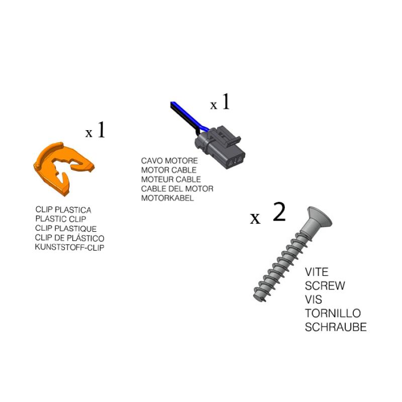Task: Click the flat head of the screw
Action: pyautogui.click(x=320, y=217)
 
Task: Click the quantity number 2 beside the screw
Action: pyautogui.click(x=279, y=211)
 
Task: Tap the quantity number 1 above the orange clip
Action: pyautogui.click(x=102, y=130)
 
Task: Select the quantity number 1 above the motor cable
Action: pyautogui.click(x=226, y=102)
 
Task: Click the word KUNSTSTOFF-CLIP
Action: pyautogui.click(x=69, y=247)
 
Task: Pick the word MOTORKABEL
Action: pyautogui.click(x=167, y=198)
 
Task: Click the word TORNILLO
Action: pyautogui.click(x=333, y=313)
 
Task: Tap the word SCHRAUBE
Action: pyautogui.click(x=336, y=327)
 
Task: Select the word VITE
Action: pyautogui.click(x=317, y=272)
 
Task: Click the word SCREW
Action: pyautogui.click(x=325, y=285)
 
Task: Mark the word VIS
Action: pyautogui.click(x=313, y=299)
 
